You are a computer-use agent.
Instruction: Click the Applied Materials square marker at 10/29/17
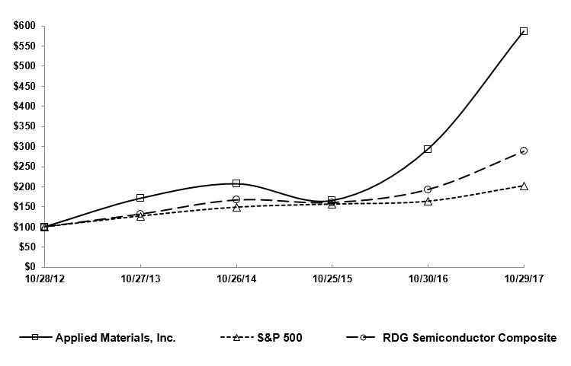pos(524,31)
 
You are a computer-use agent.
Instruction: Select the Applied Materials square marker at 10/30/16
pos(428,149)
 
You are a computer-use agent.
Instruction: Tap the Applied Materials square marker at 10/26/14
pos(236,183)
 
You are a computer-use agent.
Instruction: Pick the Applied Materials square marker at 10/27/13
pos(140,198)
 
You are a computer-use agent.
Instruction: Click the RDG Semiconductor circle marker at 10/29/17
pos(524,151)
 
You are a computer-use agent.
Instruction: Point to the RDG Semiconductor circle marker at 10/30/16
pos(428,189)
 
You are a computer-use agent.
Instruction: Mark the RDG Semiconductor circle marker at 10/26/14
pos(236,199)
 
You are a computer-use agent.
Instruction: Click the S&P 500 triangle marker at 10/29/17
pos(524,186)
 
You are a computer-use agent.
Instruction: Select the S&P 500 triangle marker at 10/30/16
pos(428,202)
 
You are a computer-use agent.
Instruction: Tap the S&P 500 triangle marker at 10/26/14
pos(236,207)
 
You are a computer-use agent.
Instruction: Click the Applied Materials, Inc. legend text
pos(116,338)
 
